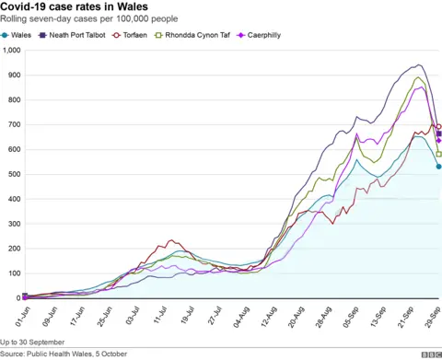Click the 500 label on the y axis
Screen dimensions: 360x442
12,174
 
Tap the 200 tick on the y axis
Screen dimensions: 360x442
12,249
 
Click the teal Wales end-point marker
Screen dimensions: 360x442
438,167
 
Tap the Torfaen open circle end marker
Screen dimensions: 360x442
438,127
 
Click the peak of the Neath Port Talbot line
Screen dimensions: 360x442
419,64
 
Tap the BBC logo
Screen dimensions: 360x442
430,354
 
